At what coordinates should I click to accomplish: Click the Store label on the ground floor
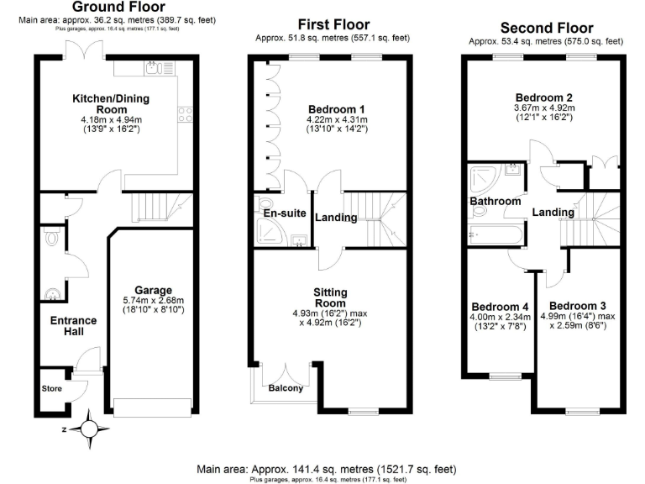point(52,389)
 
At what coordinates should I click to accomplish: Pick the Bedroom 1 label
point(336,109)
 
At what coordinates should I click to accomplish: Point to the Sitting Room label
point(330,297)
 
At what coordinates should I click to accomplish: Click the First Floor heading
point(333,24)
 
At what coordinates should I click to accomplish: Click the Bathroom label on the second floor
point(495,202)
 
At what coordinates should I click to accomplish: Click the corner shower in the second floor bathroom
point(483,178)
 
